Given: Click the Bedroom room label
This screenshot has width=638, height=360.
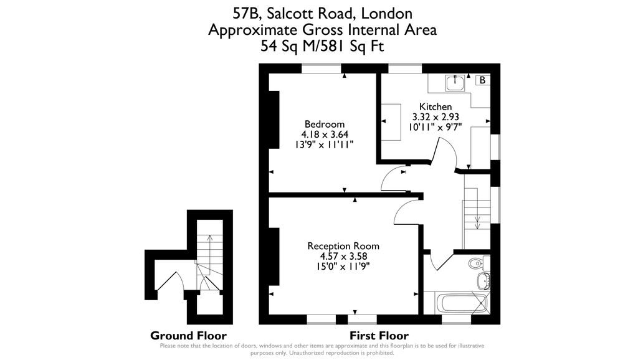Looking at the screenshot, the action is pos(324,124).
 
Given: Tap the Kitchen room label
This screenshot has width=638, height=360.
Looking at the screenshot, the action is pos(436,107).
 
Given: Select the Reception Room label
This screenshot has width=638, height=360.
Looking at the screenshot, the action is pos(343,246).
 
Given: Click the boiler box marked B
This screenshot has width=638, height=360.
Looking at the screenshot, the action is pos(483,80).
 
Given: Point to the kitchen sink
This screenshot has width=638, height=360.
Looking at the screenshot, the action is pos(455,83).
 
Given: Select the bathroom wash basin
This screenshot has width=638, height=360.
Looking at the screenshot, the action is pos(483,281).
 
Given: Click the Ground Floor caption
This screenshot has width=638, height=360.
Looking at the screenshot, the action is pos(188,336).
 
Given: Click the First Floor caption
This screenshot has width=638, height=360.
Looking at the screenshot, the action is pos(379,336).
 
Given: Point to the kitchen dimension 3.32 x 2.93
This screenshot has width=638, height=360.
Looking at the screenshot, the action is pos(436,116).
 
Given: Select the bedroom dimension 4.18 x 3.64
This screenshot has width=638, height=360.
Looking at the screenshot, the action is pos(325,135).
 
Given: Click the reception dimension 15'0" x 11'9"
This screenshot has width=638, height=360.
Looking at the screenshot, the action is pos(343,267).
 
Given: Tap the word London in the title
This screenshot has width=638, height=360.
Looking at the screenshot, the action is pos(386,14).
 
